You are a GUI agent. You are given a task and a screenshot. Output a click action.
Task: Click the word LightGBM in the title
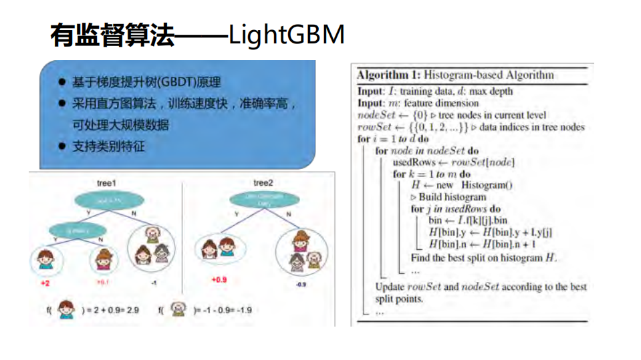point(286,35)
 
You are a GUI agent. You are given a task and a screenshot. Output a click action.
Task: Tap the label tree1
point(106,182)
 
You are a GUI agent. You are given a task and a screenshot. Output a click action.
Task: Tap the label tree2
point(263,182)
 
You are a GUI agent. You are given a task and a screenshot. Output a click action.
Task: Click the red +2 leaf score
point(45,283)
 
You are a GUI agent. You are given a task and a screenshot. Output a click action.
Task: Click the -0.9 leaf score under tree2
point(300,284)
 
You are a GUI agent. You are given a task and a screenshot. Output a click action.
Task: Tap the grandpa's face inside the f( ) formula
point(178,309)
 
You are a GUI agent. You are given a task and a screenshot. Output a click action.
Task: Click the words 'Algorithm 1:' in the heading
point(388,75)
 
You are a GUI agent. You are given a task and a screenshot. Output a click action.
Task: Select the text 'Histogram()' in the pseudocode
point(487,185)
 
